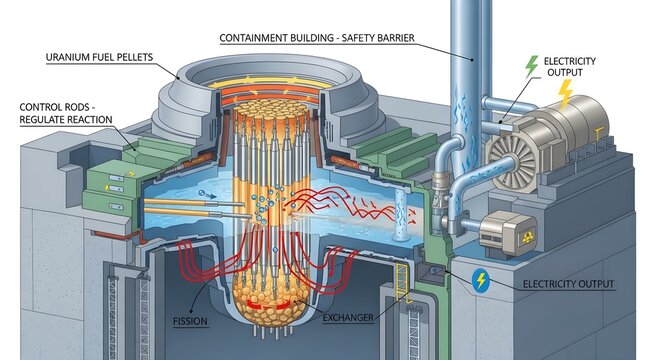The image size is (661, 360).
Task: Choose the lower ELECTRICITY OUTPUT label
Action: (x=583, y=284)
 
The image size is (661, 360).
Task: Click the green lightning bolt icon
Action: (x=531, y=68)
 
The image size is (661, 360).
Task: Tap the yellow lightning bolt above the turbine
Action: (x=564, y=95)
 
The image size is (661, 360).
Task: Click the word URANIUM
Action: (x=73, y=58)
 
